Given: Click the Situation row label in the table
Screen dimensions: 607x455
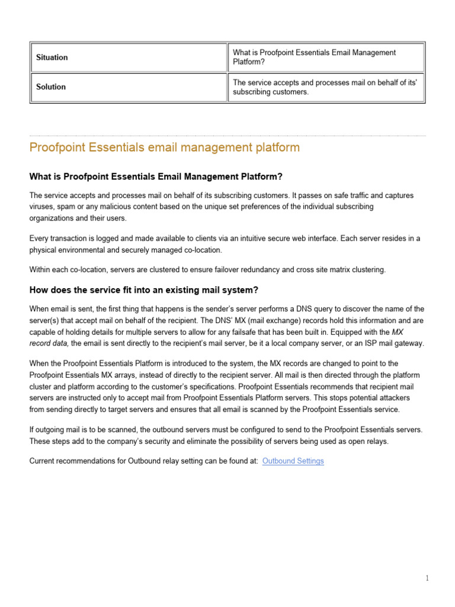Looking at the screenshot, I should (52, 57).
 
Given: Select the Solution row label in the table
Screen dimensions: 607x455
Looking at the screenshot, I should (51, 87).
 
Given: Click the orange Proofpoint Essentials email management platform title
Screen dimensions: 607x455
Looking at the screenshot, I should (165, 148).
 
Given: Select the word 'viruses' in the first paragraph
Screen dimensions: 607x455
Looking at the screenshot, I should (41, 206).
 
